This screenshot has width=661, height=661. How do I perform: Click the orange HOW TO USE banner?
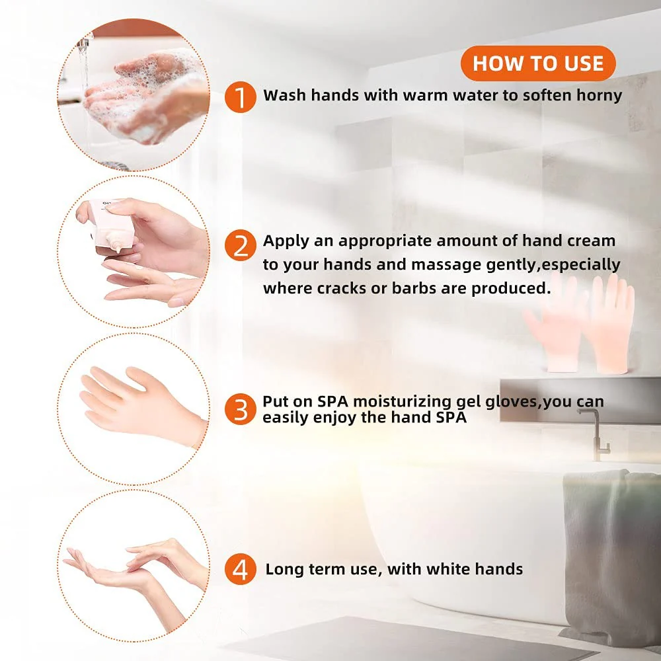click(538, 63)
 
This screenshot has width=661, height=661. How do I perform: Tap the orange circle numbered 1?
click(241, 97)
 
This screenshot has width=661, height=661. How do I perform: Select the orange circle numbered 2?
click(241, 245)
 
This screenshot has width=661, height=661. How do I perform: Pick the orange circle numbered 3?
click(241, 409)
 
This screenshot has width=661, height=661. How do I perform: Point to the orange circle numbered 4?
click(241, 569)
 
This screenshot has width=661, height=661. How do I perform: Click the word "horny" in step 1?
click(599, 96)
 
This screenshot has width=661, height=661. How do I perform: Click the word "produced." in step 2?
click(511, 288)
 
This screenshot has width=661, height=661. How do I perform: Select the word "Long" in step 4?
click(284, 570)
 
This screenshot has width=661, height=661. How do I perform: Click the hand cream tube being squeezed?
click(110, 224)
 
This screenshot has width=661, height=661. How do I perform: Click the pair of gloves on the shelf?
click(579, 323)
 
